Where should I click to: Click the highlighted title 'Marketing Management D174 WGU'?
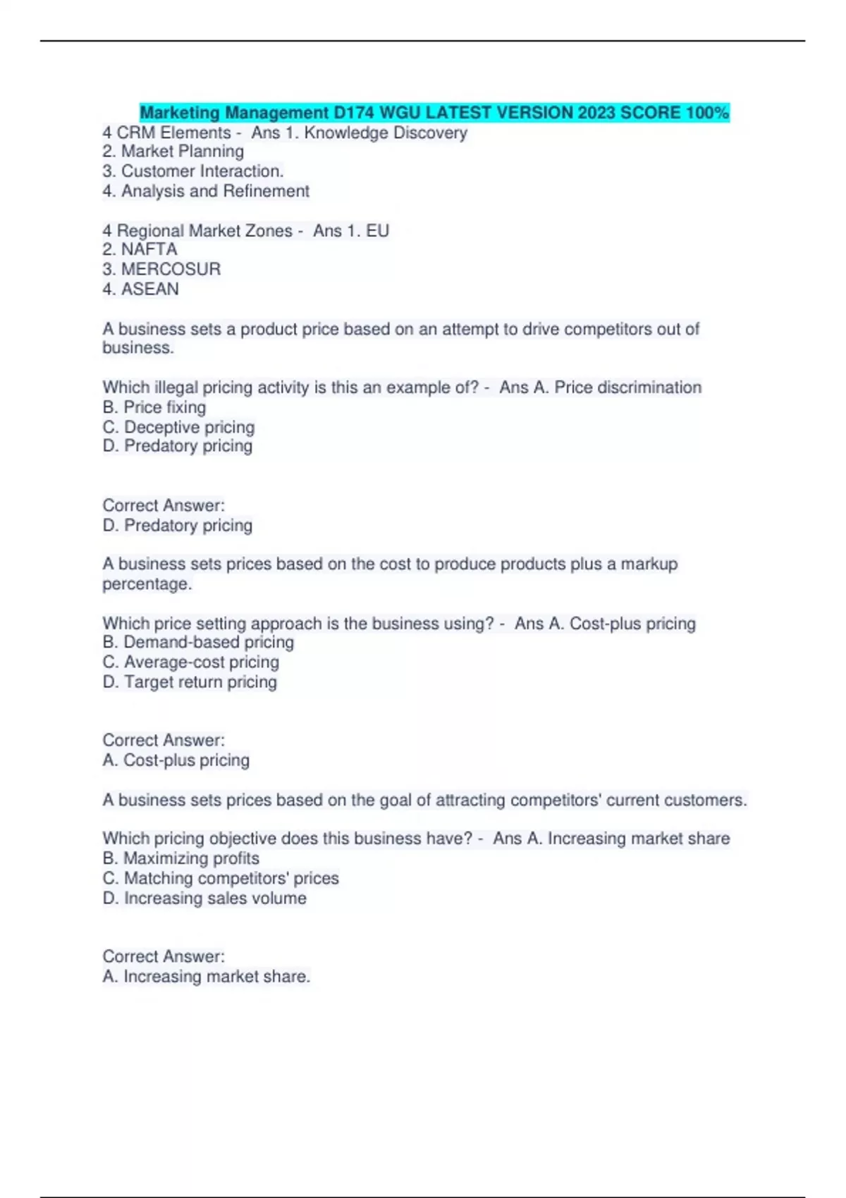pyautogui.click(x=296, y=113)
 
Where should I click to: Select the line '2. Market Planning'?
pyautogui.click(x=173, y=152)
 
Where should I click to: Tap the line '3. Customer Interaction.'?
pyautogui.click(x=193, y=171)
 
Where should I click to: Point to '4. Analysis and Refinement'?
pyautogui.click(x=206, y=191)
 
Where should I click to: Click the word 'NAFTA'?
pyautogui.click(x=149, y=249)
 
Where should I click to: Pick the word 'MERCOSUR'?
pyautogui.click(x=171, y=269)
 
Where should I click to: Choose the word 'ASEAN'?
pyautogui.click(x=150, y=289)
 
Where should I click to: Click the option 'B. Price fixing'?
pyautogui.click(x=154, y=407)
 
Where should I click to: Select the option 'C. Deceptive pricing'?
pyautogui.click(x=178, y=427)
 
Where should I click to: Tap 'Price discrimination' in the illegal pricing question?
pyautogui.click(x=627, y=388)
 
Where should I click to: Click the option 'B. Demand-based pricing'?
pyautogui.click(x=198, y=642)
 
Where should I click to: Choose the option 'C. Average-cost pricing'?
pyautogui.click(x=191, y=662)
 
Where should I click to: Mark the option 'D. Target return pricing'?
pyautogui.click(x=190, y=681)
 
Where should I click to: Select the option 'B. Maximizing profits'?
pyautogui.click(x=181, y=858)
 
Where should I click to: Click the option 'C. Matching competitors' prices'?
pyautogui.click(x=221, y=878)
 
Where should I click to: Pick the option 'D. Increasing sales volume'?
pyautogui.click(x=204, y=898)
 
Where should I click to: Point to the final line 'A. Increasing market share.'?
pyautogui.click(x=207, y=977)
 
